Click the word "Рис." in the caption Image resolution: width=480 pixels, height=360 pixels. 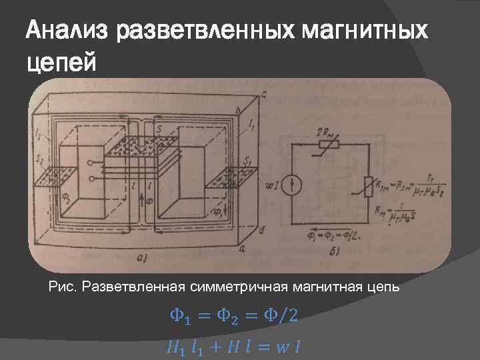[63, 287]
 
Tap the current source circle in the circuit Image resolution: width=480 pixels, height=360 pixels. [291, 185]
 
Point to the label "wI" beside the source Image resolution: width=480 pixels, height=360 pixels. [271, 185]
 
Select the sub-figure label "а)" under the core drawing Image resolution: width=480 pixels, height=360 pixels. [142, 255]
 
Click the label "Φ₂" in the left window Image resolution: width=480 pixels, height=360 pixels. [65, 198]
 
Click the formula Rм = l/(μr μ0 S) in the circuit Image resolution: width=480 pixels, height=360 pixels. [400, 213]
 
